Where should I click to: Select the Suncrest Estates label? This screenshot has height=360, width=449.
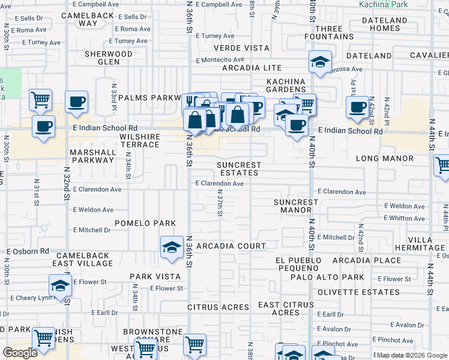click(239, 169)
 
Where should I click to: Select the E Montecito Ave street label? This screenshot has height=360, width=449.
click(218, 60)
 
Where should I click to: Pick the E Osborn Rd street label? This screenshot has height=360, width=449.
click(27, 251)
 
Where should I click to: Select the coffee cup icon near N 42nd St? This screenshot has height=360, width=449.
click(357, 107)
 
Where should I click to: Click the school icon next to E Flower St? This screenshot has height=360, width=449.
click(60, 286)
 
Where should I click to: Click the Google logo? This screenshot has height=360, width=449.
click(20, 353)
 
